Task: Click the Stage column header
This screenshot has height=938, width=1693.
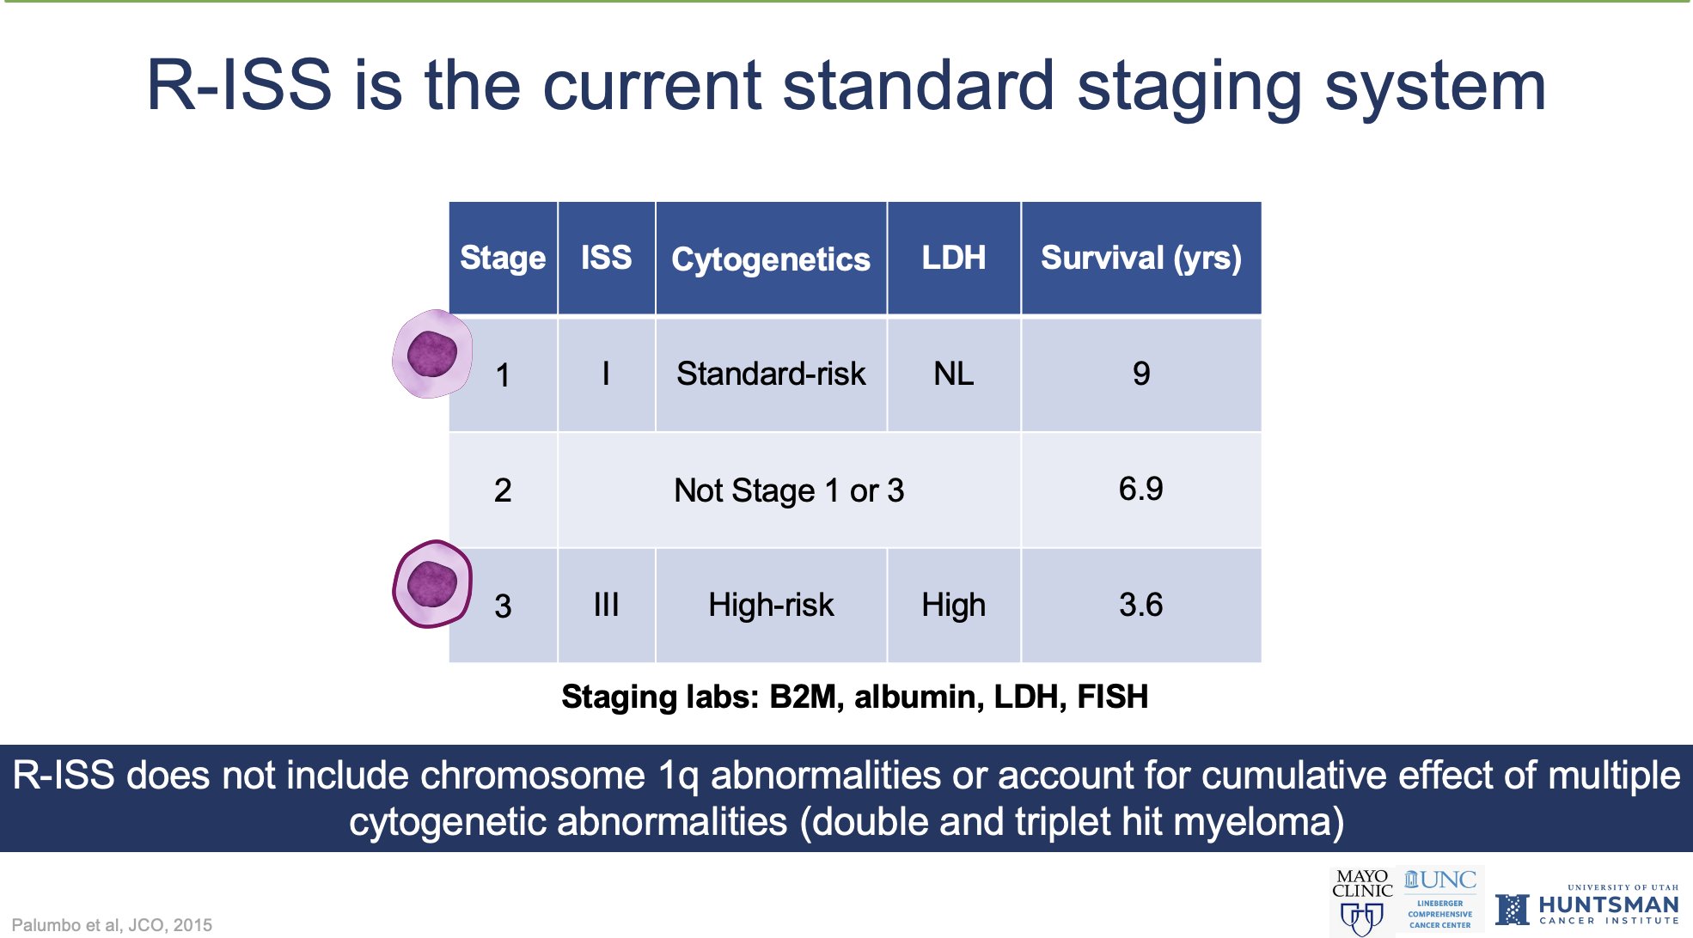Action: click(x=503, y=258)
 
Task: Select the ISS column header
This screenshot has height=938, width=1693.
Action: click(x=606, y=258)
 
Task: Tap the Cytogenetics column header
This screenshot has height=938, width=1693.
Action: click(x=771, y=259)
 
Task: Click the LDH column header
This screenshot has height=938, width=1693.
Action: click(x=954, y=258)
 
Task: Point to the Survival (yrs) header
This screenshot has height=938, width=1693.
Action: click(x=1141, y=258)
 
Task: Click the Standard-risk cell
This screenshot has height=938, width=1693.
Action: click(x=771, y=374)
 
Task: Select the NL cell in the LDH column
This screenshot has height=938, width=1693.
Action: click(x=954, y=374)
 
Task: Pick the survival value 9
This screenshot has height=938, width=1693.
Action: click(x=1141, y=374)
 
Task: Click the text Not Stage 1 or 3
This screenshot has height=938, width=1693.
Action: click(x=789, y=490)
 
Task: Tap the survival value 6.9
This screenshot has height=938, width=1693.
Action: click(x=1141, y=489)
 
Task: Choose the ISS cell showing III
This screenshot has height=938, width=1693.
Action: click(x=606, y=605)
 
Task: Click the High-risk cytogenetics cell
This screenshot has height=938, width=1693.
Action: click(x=771, y=605)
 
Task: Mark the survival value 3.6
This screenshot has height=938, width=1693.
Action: click(x=1141, y=605)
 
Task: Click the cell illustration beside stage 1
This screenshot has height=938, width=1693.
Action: click(x=432, y=354)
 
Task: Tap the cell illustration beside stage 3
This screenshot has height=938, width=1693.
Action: click(x=432, y=584)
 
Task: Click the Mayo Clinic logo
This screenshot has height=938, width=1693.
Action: click(x=1362, y=902)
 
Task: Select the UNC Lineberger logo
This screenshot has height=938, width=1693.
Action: click(x=1441, y=900)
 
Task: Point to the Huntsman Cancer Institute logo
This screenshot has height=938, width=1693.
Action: click(x=1587, y=906)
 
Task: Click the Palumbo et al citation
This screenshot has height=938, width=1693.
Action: click(x=112, y=925)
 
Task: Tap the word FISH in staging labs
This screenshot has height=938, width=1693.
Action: click(x=1113, y=697)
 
